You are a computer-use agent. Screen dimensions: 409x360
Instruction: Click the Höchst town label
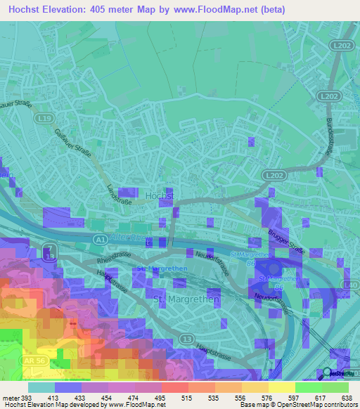pos(158,194)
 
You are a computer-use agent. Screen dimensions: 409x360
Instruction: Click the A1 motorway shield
pos(98,240)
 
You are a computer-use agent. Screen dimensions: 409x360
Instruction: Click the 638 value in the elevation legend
pos(346,398)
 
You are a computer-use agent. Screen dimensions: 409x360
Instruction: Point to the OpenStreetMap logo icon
pos(328,372)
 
